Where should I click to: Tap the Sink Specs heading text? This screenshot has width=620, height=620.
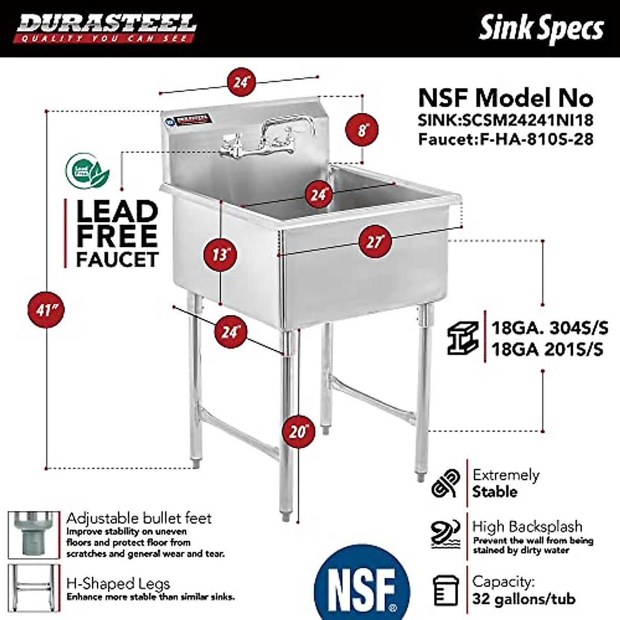pos(541,28)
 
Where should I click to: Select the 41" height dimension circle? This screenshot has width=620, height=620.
pos(47,310)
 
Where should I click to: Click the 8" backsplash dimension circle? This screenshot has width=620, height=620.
pos(362,130)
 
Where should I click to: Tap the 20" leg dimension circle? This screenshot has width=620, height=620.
pos(298,430)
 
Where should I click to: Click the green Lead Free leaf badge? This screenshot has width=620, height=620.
pos(87,172)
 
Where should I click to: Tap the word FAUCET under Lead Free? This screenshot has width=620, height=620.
pos(117,259)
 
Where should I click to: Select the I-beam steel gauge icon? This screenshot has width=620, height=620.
pos(462,338)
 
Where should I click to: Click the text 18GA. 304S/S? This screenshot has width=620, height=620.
pos(549,328)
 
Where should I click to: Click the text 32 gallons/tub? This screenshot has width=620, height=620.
pos(523,599)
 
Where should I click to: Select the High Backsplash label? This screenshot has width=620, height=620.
pos(527,526)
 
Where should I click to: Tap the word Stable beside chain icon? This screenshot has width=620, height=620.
pos(494,491)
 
